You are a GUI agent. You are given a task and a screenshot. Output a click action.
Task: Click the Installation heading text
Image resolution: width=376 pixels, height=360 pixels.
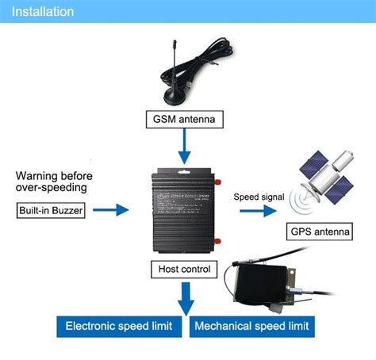[43, 12]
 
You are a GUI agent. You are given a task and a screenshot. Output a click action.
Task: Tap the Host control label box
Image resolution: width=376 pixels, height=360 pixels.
[184, 270]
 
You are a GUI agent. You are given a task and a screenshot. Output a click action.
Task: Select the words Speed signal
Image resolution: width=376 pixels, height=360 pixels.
[254, 195]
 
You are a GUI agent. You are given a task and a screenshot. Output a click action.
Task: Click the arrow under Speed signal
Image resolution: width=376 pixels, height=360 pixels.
[255, 212]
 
